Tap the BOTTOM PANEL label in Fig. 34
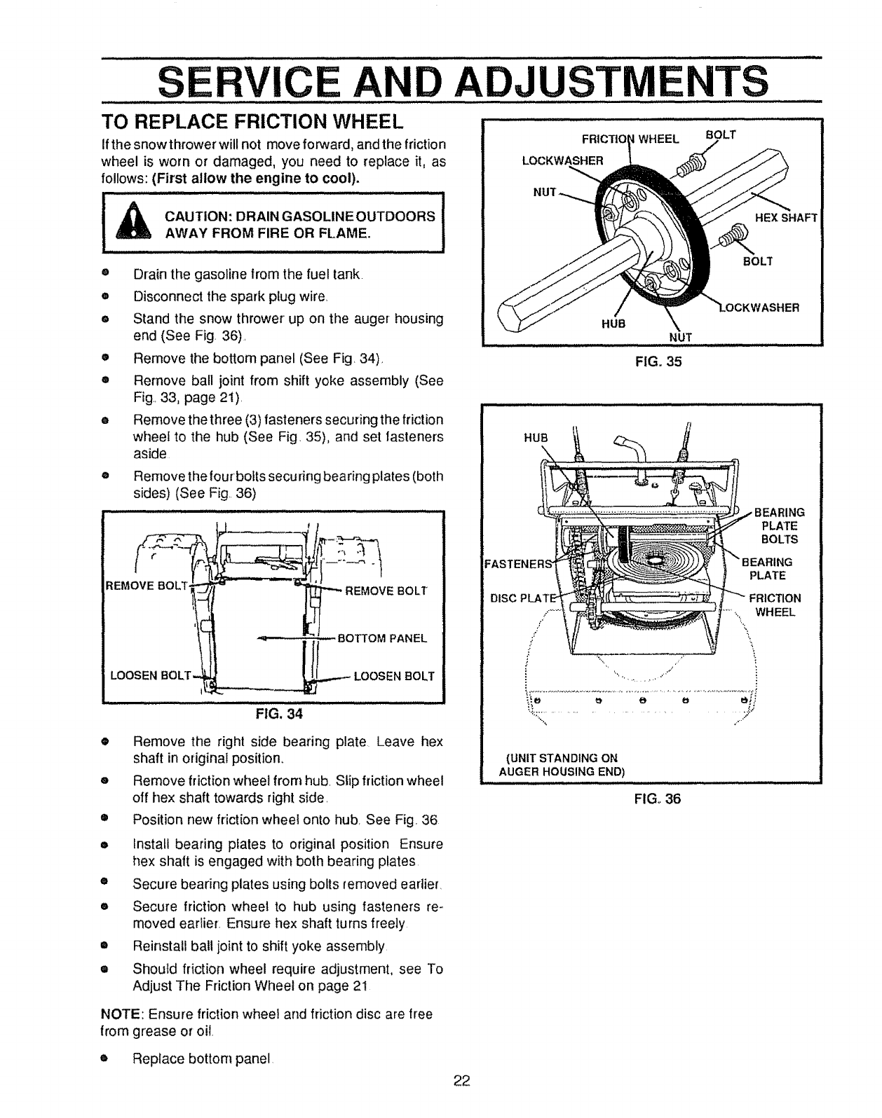(382, 638)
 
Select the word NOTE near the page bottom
(120, 1014)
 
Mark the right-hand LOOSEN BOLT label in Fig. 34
(394, 676)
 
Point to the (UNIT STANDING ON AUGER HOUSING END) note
(561, 764)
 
